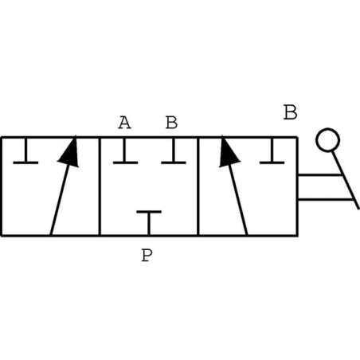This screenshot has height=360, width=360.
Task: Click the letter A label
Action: [x=124, y=123]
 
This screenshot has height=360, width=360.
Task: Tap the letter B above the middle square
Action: [x=171, y=123]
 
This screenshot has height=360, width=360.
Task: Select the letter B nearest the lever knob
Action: [x=290, y=112]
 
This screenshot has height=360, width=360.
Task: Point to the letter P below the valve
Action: [x=147, y=255]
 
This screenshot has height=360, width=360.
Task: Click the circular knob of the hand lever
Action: [x=327, y=140]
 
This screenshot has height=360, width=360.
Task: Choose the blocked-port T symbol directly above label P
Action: [x=149, y=222]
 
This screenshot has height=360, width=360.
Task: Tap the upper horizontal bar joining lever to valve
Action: [x=319, y=174]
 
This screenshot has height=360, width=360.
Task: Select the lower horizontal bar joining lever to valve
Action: [x=326, y=198]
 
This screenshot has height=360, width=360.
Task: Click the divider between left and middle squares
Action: [x=100, y=186]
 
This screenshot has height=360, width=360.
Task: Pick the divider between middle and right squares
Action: [x=198, y=186]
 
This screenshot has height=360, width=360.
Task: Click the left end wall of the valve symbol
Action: [x=2, y=186]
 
